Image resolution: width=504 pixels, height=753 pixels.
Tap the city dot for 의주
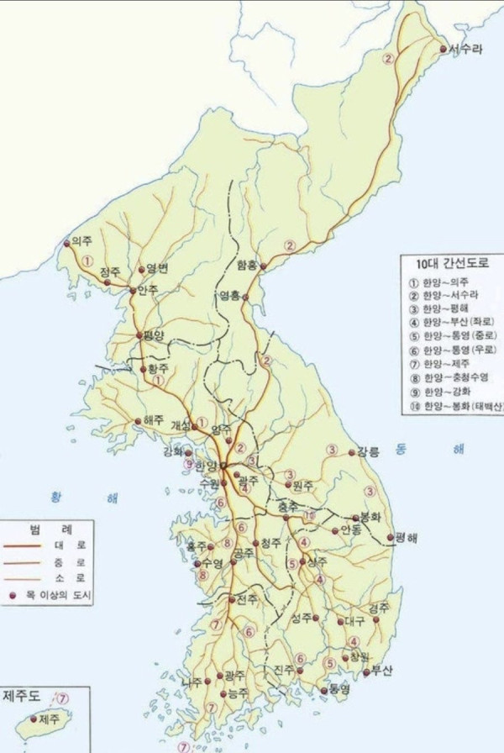67,245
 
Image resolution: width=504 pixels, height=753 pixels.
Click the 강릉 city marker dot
351,453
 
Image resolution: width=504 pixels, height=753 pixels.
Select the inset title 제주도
21,696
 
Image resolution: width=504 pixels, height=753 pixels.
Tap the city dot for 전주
232,599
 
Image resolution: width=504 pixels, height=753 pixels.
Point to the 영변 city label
158,269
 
